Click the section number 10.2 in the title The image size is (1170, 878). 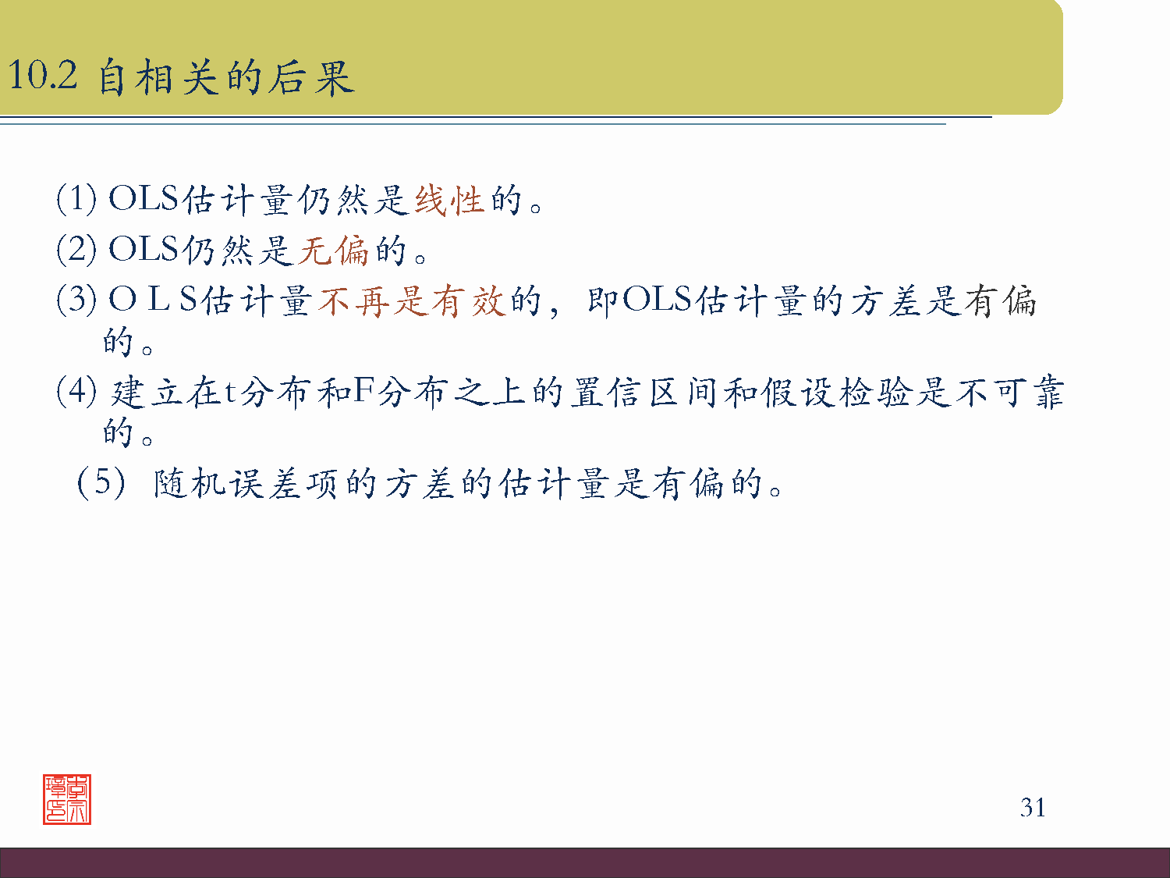(x=43, y=76)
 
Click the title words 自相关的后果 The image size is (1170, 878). (x=226, y=78)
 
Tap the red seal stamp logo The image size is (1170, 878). (x=67, y=799)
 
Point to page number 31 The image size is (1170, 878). (x=1033, y=807)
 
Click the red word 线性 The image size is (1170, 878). (x=448, y=201)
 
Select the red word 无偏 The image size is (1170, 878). (x=333, y=251)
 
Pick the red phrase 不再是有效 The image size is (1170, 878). (x=413, y=300)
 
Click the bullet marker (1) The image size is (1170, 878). (x=76, y=199)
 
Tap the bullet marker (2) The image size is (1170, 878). (x=76, y=249)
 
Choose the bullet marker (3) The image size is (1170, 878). (x=76, y=299)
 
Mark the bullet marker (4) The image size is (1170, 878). (x=76, y=390)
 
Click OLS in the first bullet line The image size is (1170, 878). (x=144, y=199)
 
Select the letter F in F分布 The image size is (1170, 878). (x=364, y=390)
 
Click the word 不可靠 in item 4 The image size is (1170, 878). (x=1009, y=392)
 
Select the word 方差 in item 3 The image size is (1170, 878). (x=886, y=300)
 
